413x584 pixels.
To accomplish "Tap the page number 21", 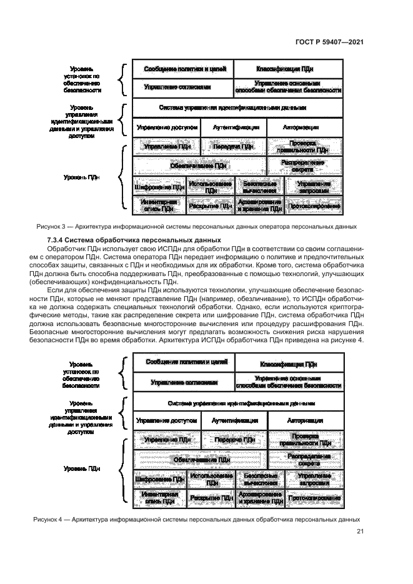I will pos(360,532).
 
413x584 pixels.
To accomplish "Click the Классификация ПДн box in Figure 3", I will pos(288,69).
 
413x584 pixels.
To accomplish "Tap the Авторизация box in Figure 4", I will pos(305,420).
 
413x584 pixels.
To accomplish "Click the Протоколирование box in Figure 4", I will pos(314,498).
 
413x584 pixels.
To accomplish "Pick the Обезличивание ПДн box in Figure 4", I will pos(199,459).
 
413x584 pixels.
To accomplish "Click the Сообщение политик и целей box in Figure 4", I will pos(182,362).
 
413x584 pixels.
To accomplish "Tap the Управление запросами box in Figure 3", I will pos(314,186).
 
